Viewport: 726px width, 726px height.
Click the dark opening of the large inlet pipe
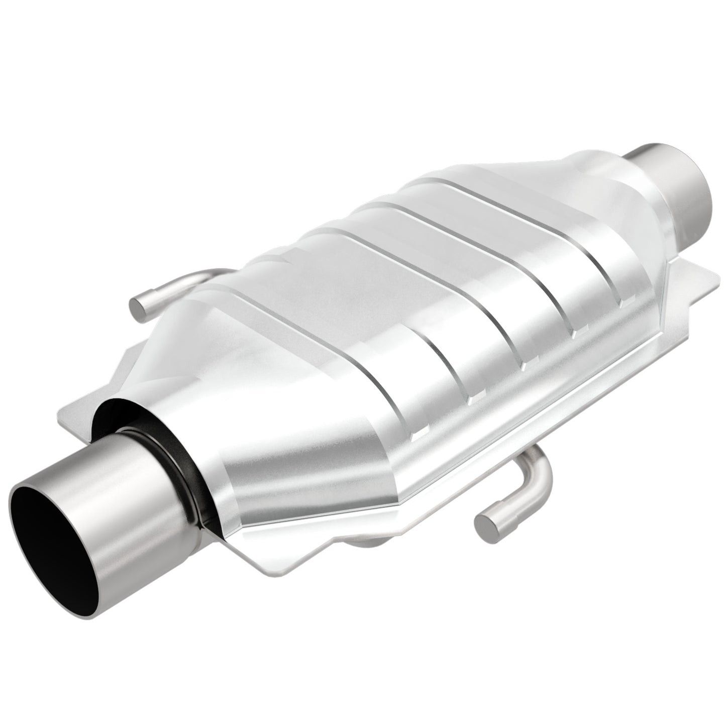[x=53, y=543]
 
